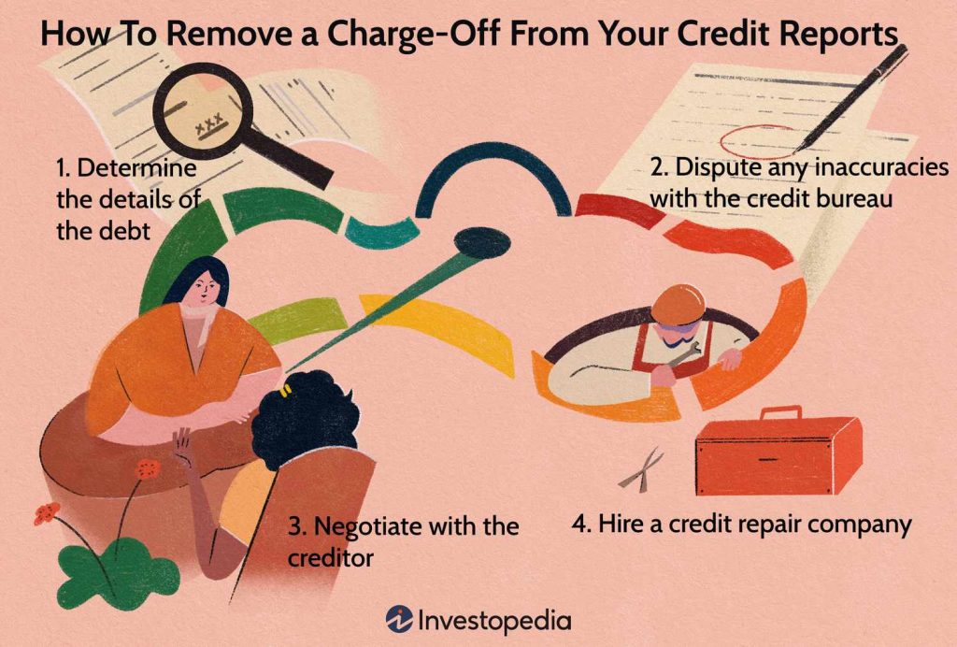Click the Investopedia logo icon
400,619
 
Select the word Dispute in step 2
714,169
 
